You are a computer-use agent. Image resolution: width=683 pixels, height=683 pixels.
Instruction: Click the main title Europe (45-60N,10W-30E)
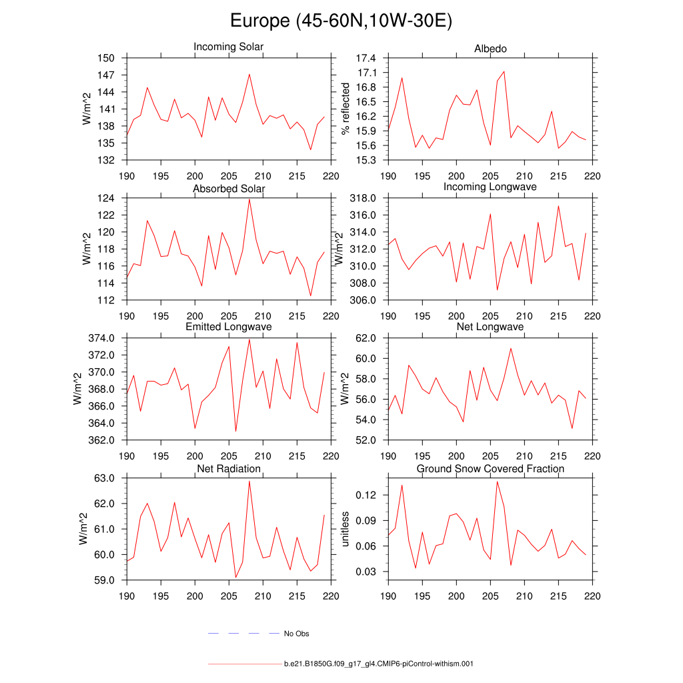coord(341,21)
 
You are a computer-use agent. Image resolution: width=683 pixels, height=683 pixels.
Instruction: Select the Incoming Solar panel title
coord(228,47)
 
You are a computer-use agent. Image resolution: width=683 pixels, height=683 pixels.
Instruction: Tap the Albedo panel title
coord(490,49)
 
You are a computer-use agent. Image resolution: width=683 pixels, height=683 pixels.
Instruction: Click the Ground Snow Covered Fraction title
coord(490,469)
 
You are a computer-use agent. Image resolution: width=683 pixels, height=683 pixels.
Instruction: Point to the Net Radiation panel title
coord(228,469)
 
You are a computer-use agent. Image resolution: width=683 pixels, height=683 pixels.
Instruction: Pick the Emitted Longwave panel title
coord(228,327)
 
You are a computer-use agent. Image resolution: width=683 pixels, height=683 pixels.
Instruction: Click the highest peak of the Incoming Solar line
coord(249,74)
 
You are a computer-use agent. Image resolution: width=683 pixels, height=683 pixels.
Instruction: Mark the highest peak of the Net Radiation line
coord(249,481)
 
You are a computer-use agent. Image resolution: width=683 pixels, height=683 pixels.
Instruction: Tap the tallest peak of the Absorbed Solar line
coord(249,199)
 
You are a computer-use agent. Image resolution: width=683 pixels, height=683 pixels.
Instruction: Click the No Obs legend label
coord(296,634)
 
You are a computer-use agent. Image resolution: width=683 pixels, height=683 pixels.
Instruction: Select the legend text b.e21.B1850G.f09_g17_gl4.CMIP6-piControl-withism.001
coord(378,664)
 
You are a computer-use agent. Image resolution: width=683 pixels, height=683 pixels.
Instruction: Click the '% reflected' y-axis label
coord(345,109)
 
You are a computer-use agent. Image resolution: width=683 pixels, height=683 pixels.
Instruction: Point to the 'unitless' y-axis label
coord(345,529)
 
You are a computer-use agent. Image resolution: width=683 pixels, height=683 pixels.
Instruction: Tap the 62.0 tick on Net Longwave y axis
coord(366,338)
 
